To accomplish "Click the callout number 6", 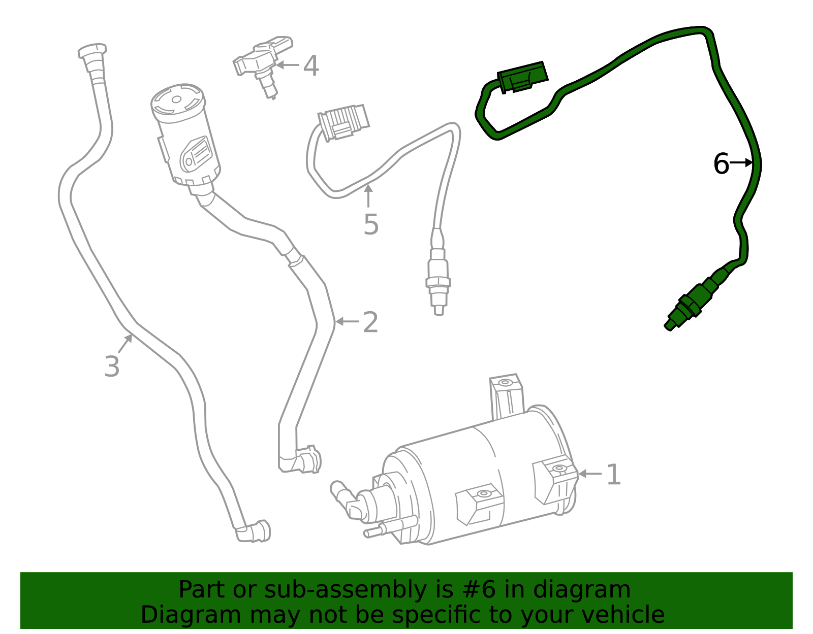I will click(721, 163).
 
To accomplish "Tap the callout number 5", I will click(371, 224).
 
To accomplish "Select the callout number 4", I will click(311, 66).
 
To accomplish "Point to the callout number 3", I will click(112, 366).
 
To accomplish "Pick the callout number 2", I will click(370, 322).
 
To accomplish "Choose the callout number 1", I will click(614, 475).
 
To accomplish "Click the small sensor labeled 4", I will click(262, 63).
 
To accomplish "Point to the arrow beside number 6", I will click(742, 162).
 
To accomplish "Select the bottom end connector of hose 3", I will click(254, 531).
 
